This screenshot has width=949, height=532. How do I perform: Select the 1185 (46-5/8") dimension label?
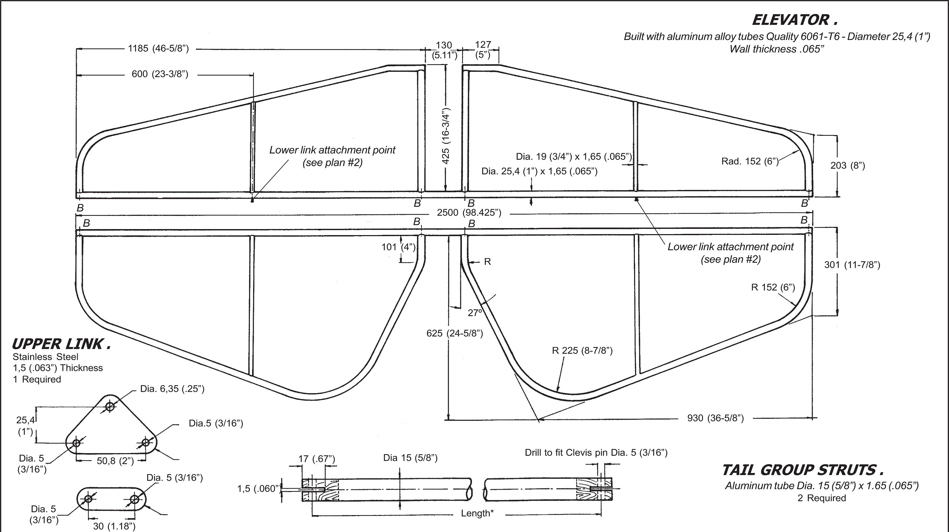(158, 49)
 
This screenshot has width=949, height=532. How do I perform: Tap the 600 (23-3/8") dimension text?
(160, 74)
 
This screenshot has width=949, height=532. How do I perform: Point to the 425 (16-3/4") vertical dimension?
(446, 135)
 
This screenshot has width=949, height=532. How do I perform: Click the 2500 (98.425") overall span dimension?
(469, 213)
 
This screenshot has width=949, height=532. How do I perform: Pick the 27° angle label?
(475, 313)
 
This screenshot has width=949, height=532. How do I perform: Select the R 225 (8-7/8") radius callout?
(582, 351)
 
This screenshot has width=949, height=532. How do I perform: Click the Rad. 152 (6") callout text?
(750, 161)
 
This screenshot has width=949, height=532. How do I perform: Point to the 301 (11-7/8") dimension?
(852, 265)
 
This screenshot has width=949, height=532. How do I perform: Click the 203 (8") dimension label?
(847, 166)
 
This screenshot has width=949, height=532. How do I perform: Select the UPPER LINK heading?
(61, 344)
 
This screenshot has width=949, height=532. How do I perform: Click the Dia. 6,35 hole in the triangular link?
(110, 407)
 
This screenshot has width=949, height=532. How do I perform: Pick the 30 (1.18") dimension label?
(114, 526)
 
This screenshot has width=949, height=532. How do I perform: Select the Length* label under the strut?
(477, 513)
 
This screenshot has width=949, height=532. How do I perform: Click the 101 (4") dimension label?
(398, 247)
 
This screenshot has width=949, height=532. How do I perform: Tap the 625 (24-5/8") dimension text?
(455, 333)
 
